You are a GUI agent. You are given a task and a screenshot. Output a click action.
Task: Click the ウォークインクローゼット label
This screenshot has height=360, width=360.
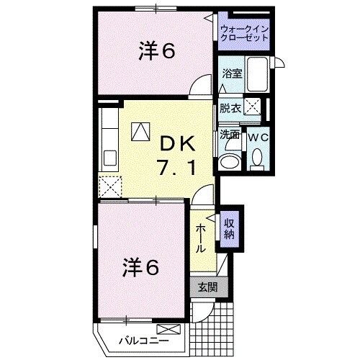click(x=246, y=34)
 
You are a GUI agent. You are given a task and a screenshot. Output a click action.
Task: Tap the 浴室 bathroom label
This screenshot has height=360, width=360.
click(x=231, y=73)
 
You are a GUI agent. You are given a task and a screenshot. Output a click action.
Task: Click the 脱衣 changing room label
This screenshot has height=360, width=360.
click(x=230, y=108)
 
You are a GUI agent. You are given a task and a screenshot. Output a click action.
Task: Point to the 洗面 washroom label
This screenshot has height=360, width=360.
click(x=229, y=134)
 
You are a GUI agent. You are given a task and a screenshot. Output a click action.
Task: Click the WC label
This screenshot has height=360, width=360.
click(x=257, y=135)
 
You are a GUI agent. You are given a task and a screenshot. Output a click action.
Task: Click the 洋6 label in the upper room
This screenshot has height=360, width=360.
click(x=158, y=52)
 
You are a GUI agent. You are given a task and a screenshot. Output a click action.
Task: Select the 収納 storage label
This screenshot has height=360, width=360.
click(x=228, y=227)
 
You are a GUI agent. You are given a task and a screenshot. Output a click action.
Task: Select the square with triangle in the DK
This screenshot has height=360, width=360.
click(x=140, y=130)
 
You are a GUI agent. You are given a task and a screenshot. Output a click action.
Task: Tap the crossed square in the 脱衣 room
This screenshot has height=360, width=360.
click(x=252, y=108)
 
